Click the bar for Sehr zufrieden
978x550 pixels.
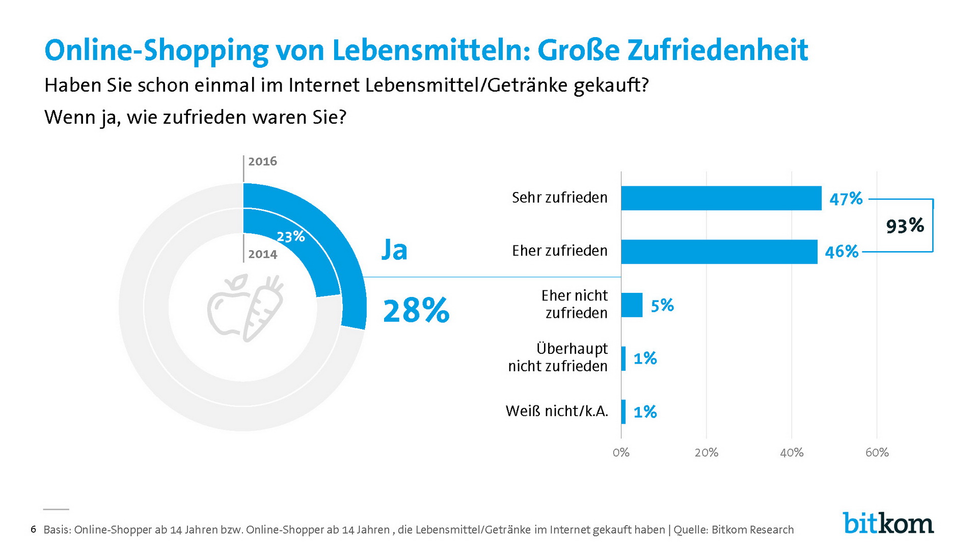pyautogui.click(x=721, y=198)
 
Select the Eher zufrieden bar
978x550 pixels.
pyautogui.click(x=719, y=252)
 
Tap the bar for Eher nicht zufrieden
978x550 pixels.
pyautogui.click(x=632, y=305)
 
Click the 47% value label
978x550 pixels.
pyautogui.click(x=846, y=199)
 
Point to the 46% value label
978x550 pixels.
pyautogui.click(x=841, y=252)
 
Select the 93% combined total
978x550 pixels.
pyautogui.click(x=905, y=226)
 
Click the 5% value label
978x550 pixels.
pyautogui.click(x=662, y=306)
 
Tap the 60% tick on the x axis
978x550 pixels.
pyautogui.click(x=877, y=452)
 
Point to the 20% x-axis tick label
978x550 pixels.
pyautogui.click(x=706, y=452)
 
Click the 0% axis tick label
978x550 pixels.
pyautogui.click(x=621, y=452)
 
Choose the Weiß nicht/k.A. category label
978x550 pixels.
pyautogui.click(x=557, y=411)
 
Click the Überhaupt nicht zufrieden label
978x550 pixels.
pyautogui.click(x=558, y=358)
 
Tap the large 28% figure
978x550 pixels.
pyautogui.click(x=416, y=311)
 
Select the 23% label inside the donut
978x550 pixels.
pyautogui.click(x=290, y=236)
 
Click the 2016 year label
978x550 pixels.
pyautogui.click(x=262, y=161)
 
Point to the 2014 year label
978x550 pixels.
pyautogui.click(x=262, y=254)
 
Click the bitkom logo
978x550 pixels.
pyautogui.click(x=888, y=524)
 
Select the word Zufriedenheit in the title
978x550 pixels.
pyautogui.click(x=717, y=50)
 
